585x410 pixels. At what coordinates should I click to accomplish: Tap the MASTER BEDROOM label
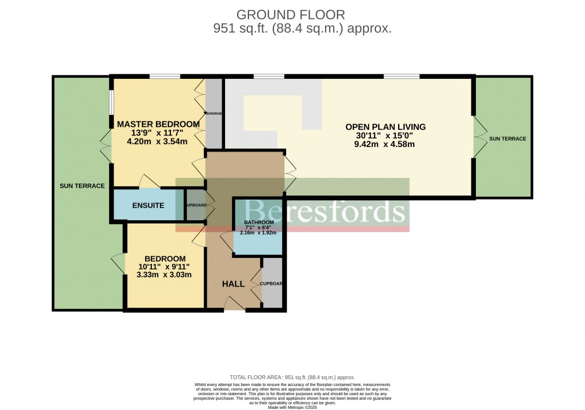click(x=158, y=124)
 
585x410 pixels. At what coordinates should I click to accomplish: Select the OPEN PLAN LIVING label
click(x=386, y=127)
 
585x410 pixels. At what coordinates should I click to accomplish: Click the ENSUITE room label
click(x=148, y=205)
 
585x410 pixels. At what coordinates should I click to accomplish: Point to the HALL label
click(x=233, y=284)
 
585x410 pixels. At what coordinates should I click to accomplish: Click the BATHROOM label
click(x=259, y=222)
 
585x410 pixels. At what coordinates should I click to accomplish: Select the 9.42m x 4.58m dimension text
click(x=384, y=144)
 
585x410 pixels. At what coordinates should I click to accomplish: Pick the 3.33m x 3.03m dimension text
click(x=164, y=274)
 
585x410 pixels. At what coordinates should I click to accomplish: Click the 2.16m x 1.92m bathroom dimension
click(x=258, y=233)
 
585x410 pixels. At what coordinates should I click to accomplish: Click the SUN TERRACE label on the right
click(x=507, y=139)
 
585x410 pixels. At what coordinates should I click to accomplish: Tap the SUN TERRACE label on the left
click(x=82, y=186)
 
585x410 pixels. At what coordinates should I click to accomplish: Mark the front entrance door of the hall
click(x=235, y=304)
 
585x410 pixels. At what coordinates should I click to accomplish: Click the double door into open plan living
click(x=290, y=171)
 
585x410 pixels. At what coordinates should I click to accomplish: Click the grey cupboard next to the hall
click(x=272, y=283)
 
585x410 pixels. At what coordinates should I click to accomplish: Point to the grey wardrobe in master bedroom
click(x=214, y=113)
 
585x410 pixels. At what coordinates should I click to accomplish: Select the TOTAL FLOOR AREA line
click(x=292, y=377)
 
